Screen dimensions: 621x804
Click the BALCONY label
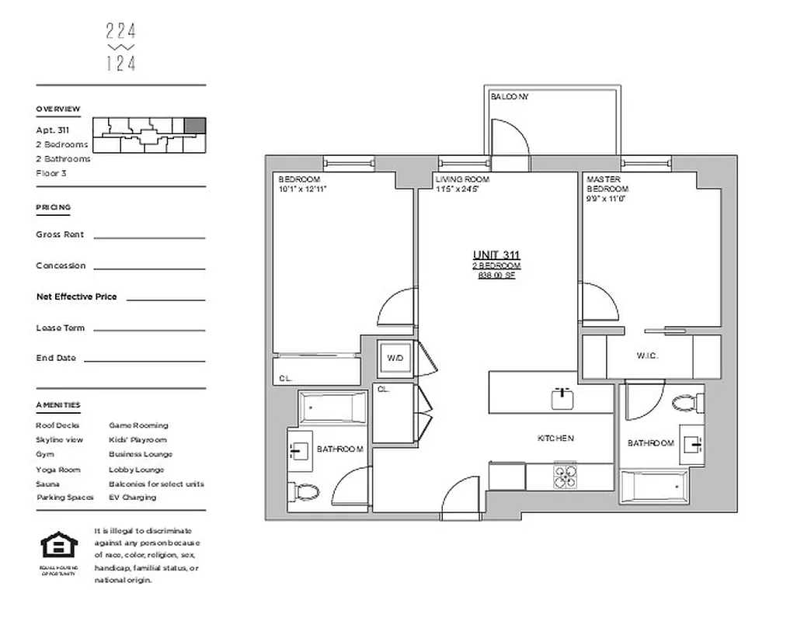tap(509, 97)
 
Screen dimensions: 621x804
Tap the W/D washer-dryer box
tap(395, 359)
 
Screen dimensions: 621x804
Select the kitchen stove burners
tap(565, 475)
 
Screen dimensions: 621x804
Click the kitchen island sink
tap(563, 399)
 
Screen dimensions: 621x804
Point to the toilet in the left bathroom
tap(307, 491)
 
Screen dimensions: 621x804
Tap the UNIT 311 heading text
tap(496, 255)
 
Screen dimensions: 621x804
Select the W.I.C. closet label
tap(647, 356)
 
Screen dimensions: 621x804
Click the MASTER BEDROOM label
tap(607, 184)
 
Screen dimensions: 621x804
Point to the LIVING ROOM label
tap(461, 179)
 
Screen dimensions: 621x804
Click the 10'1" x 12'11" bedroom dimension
tap(302, 189)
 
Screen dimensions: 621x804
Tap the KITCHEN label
tap(555, 439)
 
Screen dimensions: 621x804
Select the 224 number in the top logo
tap(120, 31)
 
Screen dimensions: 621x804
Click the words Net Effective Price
tap(76, 297)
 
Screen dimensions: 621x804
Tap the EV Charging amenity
tap(132, 498)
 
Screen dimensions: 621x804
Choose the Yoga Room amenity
tap(58, 470)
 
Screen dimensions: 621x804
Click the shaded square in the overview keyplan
tap(195, 126)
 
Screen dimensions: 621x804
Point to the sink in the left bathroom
tap(301, 449)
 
